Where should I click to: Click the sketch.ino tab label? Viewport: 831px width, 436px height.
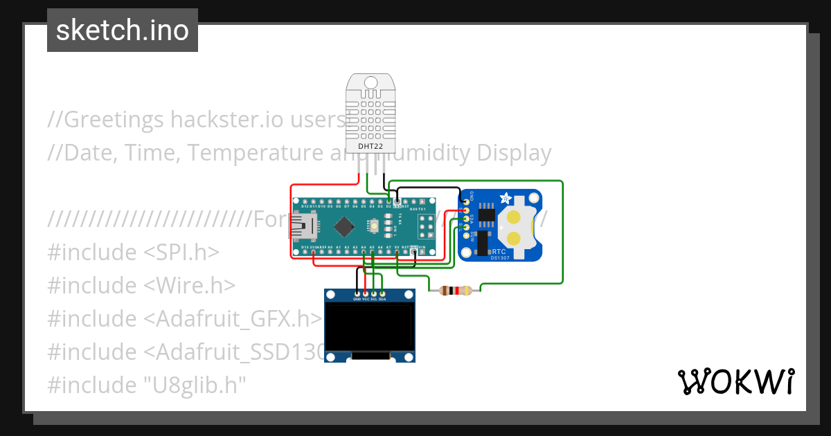[x=122, y=30]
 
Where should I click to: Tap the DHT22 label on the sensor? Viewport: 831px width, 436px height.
[x=370, y=146]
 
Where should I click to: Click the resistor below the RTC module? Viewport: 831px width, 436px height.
[x=455, y=291]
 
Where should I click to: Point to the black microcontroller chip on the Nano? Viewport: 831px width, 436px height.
[x=344, y=226]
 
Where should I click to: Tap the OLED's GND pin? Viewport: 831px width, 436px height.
[x=357, y=293]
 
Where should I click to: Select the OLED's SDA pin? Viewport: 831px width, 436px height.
[x=382, y=293]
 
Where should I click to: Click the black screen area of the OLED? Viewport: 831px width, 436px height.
[x=370, y=329]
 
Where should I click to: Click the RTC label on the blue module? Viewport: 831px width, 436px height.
[x=499, y=251]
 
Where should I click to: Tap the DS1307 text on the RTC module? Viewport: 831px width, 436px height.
[x=500, y=258]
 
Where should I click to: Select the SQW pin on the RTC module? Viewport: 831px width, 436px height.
[x=466, y=235]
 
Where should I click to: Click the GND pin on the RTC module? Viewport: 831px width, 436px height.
[x=466, y=201]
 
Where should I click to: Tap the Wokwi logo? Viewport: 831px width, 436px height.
[x=735, y=381]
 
